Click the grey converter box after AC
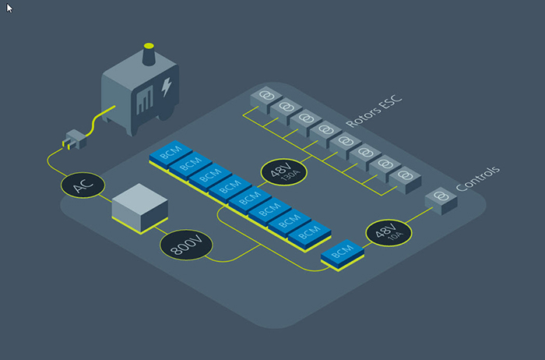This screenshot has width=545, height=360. tap(140, 208)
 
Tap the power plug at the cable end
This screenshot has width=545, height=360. tap(74, 139)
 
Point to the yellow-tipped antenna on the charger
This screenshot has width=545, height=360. tap(149, 55)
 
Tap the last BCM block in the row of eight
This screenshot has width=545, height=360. tap(310, 232)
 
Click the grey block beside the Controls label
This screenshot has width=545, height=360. tap(441, 199)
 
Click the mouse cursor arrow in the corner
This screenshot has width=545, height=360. tap(9, 8)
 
